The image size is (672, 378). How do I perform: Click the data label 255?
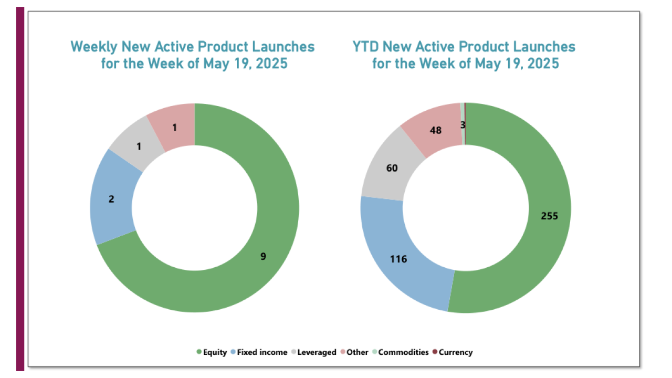(549, 216)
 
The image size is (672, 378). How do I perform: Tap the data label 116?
(398, 259)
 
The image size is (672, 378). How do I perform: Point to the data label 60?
(392, 168)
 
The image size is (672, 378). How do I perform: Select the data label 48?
(435, 130)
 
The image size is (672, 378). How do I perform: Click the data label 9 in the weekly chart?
(264, 256)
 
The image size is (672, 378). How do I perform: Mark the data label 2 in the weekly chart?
(111, 199)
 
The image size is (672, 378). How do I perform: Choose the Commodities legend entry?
(403, 352)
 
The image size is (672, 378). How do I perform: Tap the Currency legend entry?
(455, 352)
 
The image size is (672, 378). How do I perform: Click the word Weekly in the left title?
(94, 47)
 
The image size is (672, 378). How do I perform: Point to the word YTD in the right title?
(366, 47)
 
